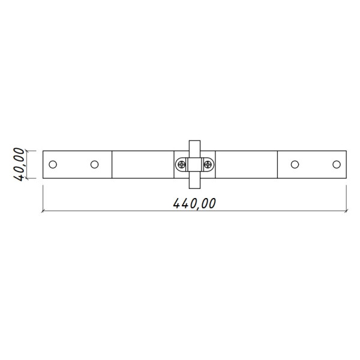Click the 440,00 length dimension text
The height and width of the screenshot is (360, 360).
tap(194, 203)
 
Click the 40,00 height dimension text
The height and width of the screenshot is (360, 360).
tap(19, 164)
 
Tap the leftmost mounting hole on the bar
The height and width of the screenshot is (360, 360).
tap(53, 164)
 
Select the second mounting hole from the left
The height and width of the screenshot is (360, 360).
tap(95, 164)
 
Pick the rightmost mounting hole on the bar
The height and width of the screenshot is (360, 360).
tap(337, 164)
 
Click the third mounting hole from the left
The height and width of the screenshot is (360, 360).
tap(295, 164)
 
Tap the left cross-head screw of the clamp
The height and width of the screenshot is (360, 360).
tap(182, 164)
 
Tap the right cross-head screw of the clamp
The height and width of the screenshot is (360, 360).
tap(208, 164)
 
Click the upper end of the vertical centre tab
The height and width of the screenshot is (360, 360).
tap(194, 141)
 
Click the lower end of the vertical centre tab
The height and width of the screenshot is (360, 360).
tap(194, 188)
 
